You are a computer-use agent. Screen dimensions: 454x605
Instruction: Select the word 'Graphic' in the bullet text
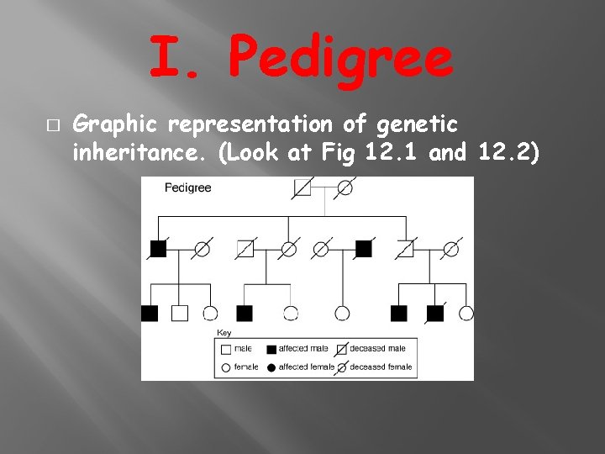(x=117, y=126)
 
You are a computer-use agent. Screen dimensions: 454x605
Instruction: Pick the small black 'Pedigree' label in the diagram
(x=187, y=187)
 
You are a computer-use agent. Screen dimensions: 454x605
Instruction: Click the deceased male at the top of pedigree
(x=302, y=187)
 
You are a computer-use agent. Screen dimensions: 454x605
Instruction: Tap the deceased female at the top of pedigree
(x=345, y=187)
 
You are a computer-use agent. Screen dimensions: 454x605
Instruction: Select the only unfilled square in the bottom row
(x=180, y=314)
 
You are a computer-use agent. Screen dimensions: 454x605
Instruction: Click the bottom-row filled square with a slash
(x=435, y=314)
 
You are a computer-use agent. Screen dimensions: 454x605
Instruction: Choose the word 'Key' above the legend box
(x=224, y=333)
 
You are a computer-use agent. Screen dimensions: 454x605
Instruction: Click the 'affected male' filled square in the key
(x=271, y=349)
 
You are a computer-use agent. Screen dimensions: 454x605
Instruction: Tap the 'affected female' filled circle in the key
(x=271, y=367)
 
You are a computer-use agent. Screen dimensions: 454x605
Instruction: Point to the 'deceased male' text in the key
(x=378, y=349)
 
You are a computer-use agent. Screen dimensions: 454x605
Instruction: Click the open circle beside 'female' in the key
(x=225, y=367)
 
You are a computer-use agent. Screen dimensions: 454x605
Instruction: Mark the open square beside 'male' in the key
(x=225, y=349)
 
